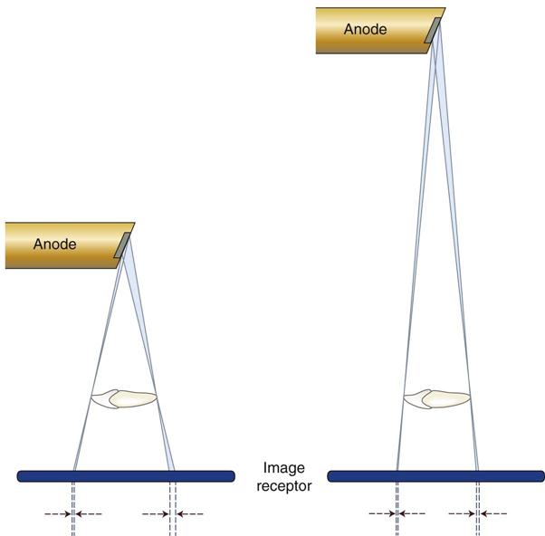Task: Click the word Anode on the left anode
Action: tap(55, 244)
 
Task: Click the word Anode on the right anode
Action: tap(366, 29)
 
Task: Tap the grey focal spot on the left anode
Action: tap(122, 245)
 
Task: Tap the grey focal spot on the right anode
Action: tap(433, 31)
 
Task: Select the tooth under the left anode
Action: tap(124, 398)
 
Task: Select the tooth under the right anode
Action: tap(436, 398)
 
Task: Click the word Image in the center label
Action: tap(284, 469)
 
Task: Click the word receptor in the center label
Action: tap(284, 486)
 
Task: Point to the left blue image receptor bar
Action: tap(126, 476)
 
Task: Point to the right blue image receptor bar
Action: tap(435, 476)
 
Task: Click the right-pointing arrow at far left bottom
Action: tap(58, 513)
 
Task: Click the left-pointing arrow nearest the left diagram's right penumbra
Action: tap(190, 513)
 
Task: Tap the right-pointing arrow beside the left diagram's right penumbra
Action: tap(156, 513)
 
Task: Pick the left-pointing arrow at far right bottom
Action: tap(493, 513)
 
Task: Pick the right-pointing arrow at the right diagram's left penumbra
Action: tap(382, 513)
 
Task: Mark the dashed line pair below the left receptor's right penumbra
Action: tap(173, 509)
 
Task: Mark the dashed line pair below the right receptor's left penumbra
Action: tap(397, 509)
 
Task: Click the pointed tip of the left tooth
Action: tap(91, 397)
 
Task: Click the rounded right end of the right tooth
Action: tap(470, 396)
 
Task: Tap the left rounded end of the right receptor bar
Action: tap(329, 476)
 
